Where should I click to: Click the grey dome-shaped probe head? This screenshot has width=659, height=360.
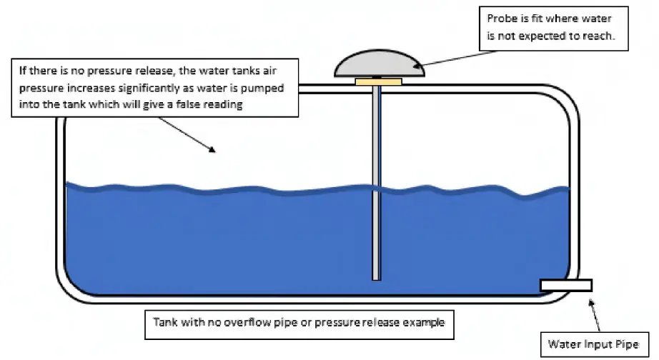pos(380,65)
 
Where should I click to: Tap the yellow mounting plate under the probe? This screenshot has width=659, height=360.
pos(377,81)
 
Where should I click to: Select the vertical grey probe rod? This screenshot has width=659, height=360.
pos(376,179)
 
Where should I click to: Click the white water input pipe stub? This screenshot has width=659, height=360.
pos(565,285)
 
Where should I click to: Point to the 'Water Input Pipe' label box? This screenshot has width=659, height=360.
pos(593,344)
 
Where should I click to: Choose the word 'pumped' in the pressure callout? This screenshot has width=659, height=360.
pos(261,88)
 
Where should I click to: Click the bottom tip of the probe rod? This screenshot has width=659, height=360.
pos(376,278)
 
